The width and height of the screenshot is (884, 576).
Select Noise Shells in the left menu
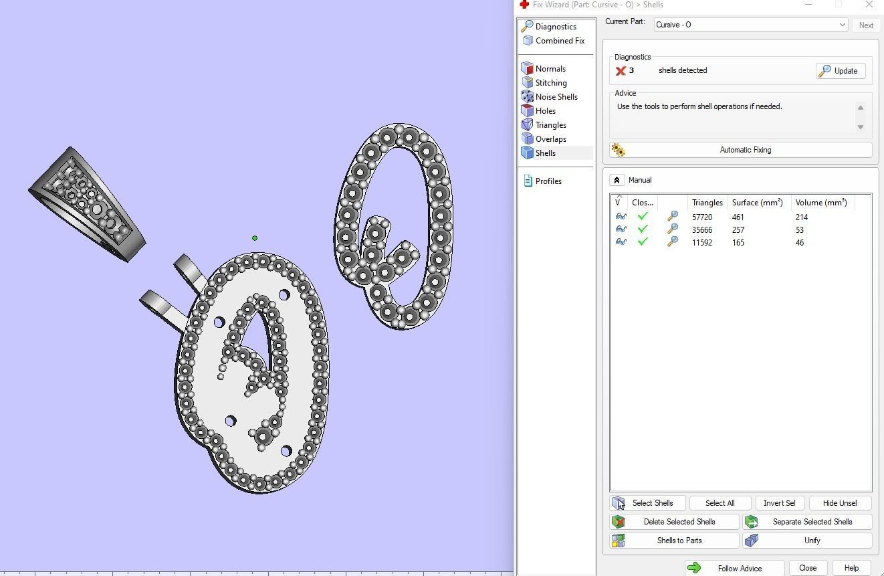click(x=556, y=97)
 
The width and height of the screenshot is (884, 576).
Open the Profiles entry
click(x=548, y=181)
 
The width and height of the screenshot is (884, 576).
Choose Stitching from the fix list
click(x=550, y=83)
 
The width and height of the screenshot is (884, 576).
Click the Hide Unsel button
click(x=839, y=503)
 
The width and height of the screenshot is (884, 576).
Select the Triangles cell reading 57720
click(x=701, y=217)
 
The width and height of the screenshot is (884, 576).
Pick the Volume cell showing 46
click(x=800, y=243)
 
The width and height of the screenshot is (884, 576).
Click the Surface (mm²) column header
click(x=757, y=203)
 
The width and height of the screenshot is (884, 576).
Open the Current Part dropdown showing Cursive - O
click(x=750, y=25)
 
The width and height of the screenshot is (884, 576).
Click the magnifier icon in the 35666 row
click(x=672, y=229)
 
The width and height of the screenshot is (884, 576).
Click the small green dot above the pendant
click(x=255, y=238)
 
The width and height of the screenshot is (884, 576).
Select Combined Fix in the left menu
click(x=559, y=41)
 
